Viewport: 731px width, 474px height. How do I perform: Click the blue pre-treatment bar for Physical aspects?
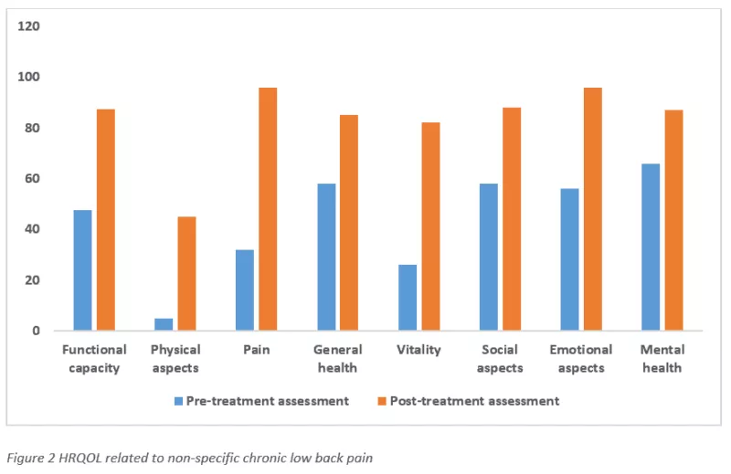coord(164,324)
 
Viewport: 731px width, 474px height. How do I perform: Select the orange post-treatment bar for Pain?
coord(268,209)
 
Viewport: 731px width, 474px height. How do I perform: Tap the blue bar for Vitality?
coord(408,298)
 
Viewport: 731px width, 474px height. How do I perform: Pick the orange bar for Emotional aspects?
coord(593,209)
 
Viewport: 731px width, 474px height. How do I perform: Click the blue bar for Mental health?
coord(651,247)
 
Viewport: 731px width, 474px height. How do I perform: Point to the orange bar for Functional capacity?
coord(106,219)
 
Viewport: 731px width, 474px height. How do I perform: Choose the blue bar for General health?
coord(326,257)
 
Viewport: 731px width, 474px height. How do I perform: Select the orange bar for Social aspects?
coord(512,219)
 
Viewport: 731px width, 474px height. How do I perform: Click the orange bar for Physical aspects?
coord(187,274)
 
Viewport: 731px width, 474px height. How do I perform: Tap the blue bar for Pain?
coord(245,290)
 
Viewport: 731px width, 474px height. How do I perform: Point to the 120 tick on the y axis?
coord(28,26)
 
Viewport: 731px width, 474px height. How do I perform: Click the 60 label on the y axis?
coord(32,178)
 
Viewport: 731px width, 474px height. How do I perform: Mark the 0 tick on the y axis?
coord(36,331)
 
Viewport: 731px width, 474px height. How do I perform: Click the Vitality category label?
coord(418,350)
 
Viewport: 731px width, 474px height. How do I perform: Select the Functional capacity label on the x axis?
coord(94,358)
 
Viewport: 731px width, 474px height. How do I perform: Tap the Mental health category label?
coord(662,358)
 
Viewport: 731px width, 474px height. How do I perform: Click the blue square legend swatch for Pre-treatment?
coord(178,401)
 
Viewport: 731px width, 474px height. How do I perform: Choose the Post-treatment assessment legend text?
coord(474,401)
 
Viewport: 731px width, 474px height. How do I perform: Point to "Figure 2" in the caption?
coord(31,458)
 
